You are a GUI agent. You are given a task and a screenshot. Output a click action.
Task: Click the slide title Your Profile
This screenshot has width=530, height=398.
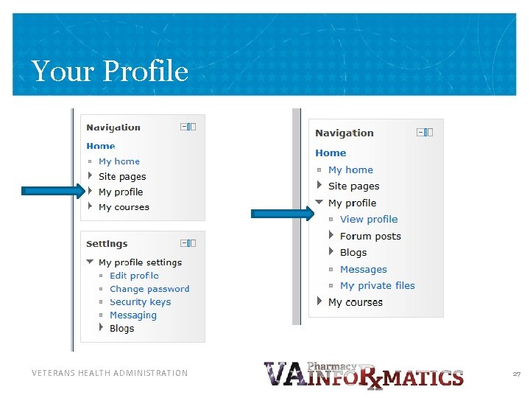tap(110, 71)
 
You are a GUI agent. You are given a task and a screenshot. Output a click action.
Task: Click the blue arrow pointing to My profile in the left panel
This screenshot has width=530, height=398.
tap(54, 191)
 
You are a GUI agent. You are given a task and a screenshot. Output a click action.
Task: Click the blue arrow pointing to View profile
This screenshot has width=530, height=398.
tap(283, 214)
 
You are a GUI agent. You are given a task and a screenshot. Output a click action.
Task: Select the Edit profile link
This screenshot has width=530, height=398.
tap(134, 276)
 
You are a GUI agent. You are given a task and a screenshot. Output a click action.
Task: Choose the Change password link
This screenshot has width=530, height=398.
tap(149, 289)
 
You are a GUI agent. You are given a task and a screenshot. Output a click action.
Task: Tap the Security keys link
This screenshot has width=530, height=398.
tap(140, 302)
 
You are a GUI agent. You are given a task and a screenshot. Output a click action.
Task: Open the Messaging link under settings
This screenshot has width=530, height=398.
tap(132, 315)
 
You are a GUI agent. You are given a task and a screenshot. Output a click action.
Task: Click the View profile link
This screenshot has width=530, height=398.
tap(368, 220)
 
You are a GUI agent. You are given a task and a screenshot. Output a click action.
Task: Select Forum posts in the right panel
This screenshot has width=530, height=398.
tap(370, 237)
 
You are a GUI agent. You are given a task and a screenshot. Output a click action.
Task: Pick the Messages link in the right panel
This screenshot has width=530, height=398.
tap(363, 270)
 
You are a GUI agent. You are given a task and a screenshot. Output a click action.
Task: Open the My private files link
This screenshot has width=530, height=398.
tap(377, 286)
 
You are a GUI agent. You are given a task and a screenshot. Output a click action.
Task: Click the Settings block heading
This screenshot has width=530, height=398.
tap(107, 244)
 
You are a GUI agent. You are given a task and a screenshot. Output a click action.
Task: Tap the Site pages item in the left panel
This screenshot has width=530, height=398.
tap(122, 177)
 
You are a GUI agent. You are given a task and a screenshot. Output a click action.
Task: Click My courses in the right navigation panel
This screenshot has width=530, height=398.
tap(355, 302)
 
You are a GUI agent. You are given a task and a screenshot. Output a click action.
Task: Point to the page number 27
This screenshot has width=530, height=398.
tap(516, 374)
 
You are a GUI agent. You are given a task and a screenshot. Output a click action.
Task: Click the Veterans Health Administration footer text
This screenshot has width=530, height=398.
tap(110, 374)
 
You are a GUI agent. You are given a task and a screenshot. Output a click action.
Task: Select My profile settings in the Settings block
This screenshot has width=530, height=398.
tap(140, 262)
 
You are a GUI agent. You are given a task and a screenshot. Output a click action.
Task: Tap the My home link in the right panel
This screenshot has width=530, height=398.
tap(350, 170)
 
